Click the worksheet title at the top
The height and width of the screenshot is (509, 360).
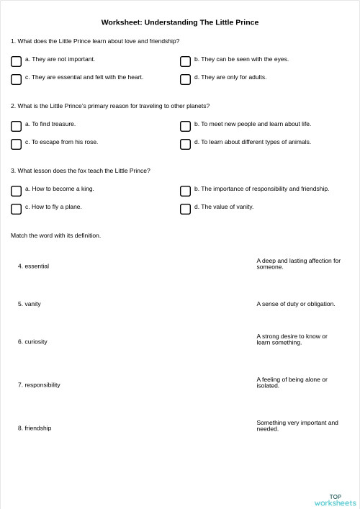(x=180, y=22)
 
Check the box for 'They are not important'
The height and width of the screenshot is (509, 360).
(x=16, y=61)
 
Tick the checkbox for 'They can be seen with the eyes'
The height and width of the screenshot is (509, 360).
(x=185, y=61)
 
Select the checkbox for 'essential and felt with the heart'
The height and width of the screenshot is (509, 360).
(x=16, y=79)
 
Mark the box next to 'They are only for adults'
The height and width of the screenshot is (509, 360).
(x=185, y=79)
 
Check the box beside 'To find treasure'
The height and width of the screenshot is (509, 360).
(x=16, y=126)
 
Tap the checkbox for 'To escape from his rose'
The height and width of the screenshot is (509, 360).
(x=16, y=144)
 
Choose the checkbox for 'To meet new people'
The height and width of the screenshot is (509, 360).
(x=185, y=126)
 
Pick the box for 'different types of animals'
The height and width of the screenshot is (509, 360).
(x=185, y=144)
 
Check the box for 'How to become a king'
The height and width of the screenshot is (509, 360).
(x=16, y=191)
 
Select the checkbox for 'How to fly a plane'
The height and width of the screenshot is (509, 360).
(x=16, y=209)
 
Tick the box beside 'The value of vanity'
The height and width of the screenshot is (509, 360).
(x=185, y=209)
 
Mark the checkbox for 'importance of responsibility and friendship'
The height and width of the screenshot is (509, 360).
(x=185, y=191)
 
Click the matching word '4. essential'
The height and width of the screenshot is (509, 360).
(x=34, y=266)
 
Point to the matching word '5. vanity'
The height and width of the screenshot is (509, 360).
(x=30, y=304)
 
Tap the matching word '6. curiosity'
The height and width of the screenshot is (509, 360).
(x=32, y=341)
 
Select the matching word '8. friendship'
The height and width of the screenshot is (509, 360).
(x=35, y=428)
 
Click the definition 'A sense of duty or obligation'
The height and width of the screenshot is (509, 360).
(x=296, y=304)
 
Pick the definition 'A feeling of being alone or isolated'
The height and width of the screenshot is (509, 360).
(x=292, y=382)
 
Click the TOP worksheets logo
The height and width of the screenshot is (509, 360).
(x=335, y=500)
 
